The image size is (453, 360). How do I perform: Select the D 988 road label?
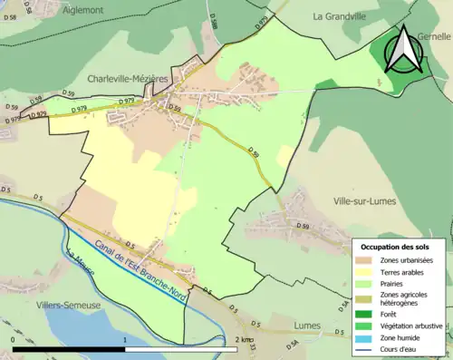tap(214, 22)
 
